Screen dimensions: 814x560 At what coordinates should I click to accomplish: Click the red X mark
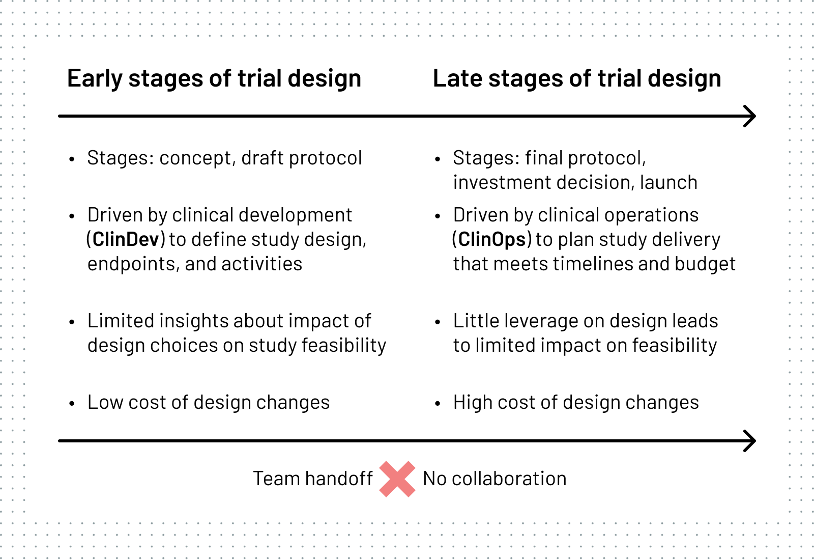coord(397,479)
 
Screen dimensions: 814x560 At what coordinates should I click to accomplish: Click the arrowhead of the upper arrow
coord(750,117)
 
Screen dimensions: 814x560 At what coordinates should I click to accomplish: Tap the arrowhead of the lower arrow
coord(750,441)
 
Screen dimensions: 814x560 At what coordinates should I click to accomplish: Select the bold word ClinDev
coord(126,239)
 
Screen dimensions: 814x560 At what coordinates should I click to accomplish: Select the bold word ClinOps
coord(492,240)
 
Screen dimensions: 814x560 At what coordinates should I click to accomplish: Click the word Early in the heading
coord(95,78)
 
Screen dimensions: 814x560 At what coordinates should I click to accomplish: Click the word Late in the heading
coord(457,78)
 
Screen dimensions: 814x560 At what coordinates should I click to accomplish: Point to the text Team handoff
coord(313,479)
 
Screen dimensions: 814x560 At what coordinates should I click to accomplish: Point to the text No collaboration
coord(495,479)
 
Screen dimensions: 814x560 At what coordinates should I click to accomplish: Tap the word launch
coord(668,182)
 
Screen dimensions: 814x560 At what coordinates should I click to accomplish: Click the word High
coord(473,403)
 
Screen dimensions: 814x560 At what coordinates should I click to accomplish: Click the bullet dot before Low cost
coord(72,403)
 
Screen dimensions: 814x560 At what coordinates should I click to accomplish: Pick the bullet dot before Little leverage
coord(438,322)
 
